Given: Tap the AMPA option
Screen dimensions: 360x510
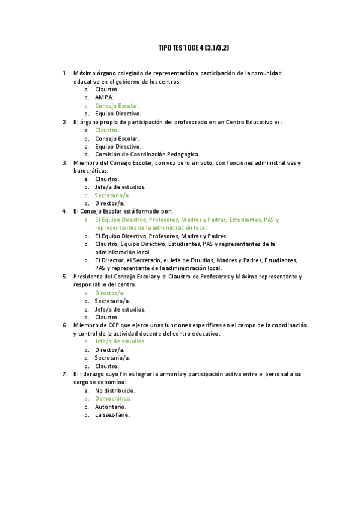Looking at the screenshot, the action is (104, 97).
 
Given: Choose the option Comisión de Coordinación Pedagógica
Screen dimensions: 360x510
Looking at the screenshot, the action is (147, 154).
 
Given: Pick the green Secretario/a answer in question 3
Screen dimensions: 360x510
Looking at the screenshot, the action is (112, 195).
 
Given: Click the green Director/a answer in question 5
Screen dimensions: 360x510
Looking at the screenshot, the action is (110, 292).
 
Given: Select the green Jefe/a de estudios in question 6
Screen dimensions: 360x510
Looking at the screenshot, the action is (120, 341).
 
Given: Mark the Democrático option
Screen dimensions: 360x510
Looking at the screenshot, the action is (113, 398).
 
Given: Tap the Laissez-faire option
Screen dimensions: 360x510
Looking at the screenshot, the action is (112, 414).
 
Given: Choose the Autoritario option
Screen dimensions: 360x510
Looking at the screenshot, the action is (111, 407).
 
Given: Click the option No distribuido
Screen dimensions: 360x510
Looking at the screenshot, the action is (115, 390).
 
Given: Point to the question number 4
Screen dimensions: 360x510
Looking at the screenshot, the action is (64, 211).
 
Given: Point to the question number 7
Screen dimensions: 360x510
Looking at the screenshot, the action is (64, 373).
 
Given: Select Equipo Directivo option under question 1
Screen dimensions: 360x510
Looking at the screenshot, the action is (118, 113).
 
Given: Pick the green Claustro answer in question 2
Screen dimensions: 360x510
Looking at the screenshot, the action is (106, 130).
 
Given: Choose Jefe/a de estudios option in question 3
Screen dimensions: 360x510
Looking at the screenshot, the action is (120, 187).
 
